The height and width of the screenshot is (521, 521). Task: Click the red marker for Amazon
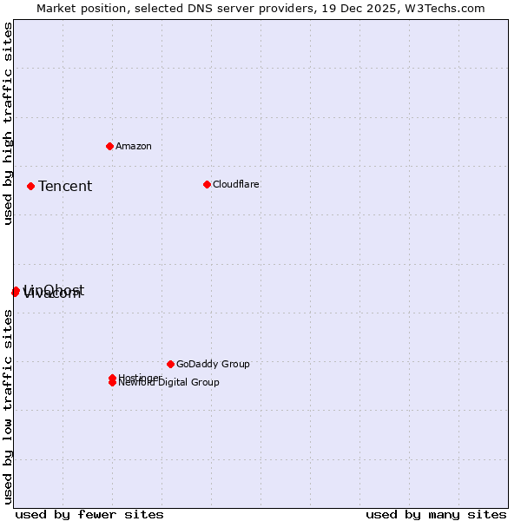coord(109,146)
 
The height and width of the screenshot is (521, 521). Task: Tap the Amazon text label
coord(134,146)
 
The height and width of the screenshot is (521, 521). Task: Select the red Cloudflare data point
coord(207,184)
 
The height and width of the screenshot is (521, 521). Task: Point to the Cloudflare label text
coord(235,184)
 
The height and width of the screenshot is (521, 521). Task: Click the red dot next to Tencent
coord(30,186)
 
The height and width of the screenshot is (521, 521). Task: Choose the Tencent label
coord(65,186)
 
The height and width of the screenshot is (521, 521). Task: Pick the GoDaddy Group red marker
coord(170,364)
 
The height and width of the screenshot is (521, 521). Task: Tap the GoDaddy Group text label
coord(213,364)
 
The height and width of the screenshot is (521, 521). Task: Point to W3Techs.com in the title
coord(444,8)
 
